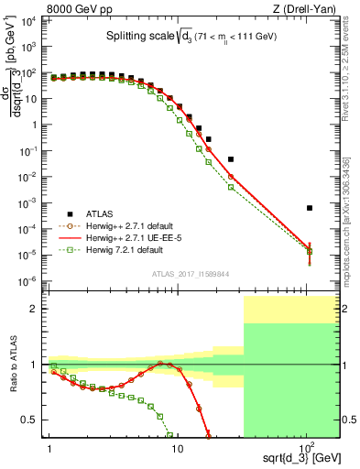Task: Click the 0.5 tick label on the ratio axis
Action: [x=33, y=420]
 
